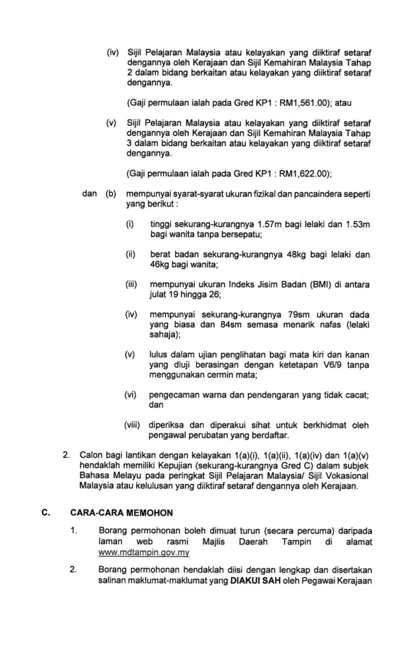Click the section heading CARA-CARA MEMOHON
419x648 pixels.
pos(121,513)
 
